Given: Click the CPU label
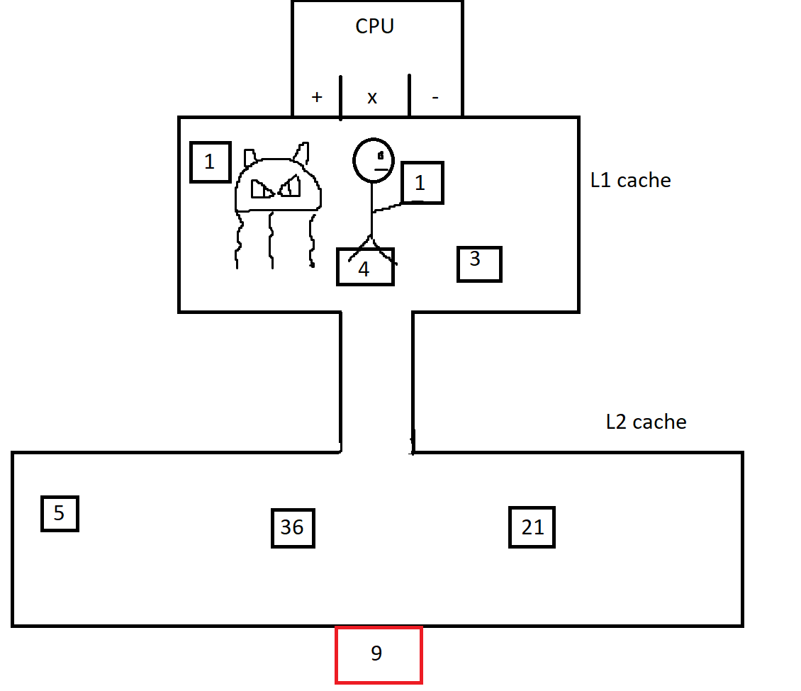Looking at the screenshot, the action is click(x=374, y=26).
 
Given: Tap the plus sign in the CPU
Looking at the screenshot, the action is click(x=317, y=97).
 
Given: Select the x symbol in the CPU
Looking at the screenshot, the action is click(x=372, y=98).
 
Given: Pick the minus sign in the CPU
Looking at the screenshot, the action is click(x=435, y=97).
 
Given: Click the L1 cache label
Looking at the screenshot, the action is click(x=630, y=180).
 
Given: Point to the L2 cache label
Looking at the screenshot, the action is click(x=646, y=422).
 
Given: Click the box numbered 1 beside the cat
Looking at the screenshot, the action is click(x=211, y=162).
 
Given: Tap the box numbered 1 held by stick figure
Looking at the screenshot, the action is click(x=422, y=183).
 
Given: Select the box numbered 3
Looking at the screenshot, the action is click(x=479, y=264).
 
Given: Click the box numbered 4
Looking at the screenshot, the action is click(x=365, y=266).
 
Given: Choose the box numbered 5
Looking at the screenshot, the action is click(x=60, y=513).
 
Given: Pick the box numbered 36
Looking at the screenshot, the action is click(x=293, y=528).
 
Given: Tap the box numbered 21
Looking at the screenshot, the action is click(x=532, y=527).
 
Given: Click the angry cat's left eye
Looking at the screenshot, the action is click(x=262, y=189).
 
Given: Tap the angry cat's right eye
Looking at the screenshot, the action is click(x=290, y=186).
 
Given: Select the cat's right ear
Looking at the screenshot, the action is click(x=302, y=152).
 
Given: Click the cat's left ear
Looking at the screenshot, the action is click(x=250, y=157).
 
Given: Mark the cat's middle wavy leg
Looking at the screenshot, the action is click(x=271, y=240).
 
